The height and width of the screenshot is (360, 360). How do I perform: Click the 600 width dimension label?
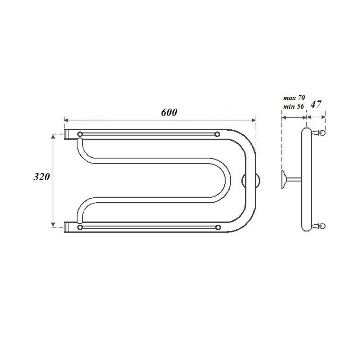click(x=169, y=112)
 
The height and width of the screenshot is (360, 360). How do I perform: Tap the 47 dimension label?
click(x=316, y=105)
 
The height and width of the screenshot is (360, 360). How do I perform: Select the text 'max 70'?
click(x=294, y=98)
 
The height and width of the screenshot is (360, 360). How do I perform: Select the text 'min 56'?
click(x=294, y=107)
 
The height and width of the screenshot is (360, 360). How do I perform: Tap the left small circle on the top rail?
click(x=80, y=134)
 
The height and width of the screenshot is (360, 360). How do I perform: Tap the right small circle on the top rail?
click(x=217, y=134)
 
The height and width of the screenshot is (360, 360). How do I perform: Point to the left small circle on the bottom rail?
click(x=80, y=227)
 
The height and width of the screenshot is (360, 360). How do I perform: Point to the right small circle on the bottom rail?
click(x=218, y=227)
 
